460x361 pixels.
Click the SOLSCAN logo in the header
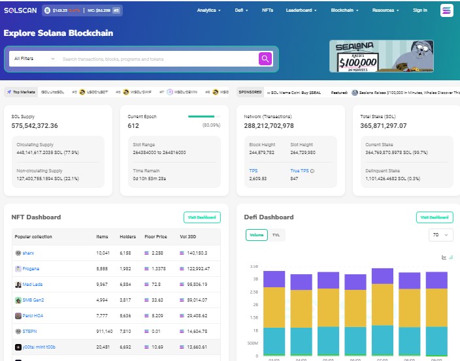[20, 10]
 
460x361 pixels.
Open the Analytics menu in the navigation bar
[209, 10]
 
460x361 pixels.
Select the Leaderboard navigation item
[301, 10]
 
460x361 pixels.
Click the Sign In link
[420, 10]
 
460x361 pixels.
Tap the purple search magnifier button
[265, 59]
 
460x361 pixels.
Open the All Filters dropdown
[34, 59]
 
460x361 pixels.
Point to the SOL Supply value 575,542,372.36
[35, 126]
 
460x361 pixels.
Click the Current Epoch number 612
[133, 126]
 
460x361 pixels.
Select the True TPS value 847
[295, 178]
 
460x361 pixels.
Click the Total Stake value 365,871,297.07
[383, 126]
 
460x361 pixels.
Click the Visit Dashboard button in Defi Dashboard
[435, 217]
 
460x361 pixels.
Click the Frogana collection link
[31, 268]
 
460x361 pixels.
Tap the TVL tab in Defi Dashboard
[276, 235]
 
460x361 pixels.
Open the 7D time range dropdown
[438, 235]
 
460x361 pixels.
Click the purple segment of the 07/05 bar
[382, 275]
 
